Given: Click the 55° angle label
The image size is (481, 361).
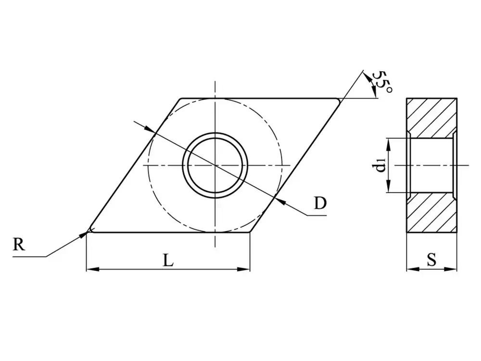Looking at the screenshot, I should pyautogui.click(x=383, y=83).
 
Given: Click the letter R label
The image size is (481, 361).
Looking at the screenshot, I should pyautogui.click(x=18, y=245).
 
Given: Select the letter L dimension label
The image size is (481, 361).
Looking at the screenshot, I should pyautogui.click(x=167, y=260).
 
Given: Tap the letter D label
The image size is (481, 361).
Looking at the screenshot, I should pyautogui.click(x=320, y=204).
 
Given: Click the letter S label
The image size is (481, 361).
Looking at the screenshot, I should pyautogui.click(x=431, y=260).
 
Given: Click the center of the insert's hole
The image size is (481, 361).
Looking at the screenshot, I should pyautogui.click(x=215, y=165).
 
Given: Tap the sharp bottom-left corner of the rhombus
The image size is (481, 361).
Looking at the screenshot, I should pyautogui.click(x=88, y=231).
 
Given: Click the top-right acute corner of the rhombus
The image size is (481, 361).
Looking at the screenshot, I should pyautogui.click(x=341, y=99).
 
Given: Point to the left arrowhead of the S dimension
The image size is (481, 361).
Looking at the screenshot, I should pyautogui.click(x=411, y=269).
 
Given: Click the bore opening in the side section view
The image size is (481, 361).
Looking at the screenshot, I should pyautogui.click(x=430, y=165).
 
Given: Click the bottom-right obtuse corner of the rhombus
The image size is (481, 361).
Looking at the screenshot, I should pyautogui.click(x=250, y=231).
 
